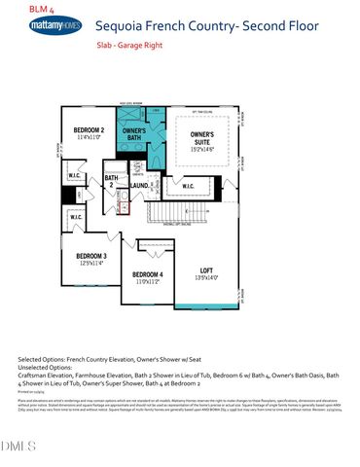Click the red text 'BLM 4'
pos(17,8)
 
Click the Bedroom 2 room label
pos(90,129)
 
